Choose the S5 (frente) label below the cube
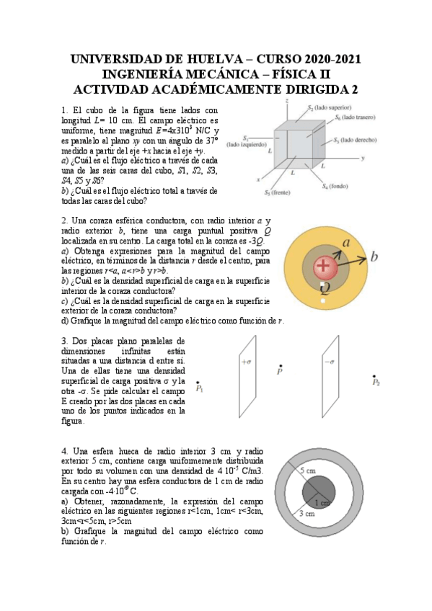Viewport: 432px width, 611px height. (276, 193)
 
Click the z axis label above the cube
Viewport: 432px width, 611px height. (287, 101)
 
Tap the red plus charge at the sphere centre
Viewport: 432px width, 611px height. (324, 267)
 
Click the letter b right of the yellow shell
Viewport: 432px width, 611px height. (374, 257)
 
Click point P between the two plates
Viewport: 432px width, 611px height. (280, 370)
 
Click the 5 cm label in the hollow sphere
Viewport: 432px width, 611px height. (308, 470)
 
